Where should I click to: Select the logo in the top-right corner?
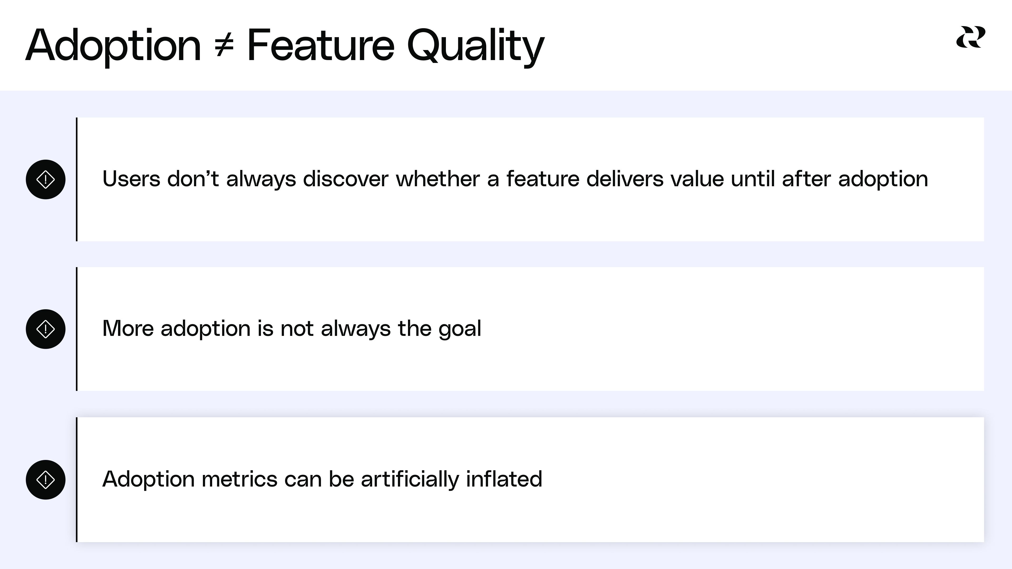click(970, 37)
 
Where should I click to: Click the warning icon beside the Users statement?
click(46, 179)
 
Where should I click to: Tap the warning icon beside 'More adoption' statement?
click(46, 329)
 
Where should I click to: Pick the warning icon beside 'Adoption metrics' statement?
click(46, 479)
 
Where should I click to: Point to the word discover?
click(346, 179)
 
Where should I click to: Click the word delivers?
click(625, 179)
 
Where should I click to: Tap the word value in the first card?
click(697, 179)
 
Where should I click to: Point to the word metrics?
click(239, 479)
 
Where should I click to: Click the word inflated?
click(504, 479)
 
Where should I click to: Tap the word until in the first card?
click(753, 179)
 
